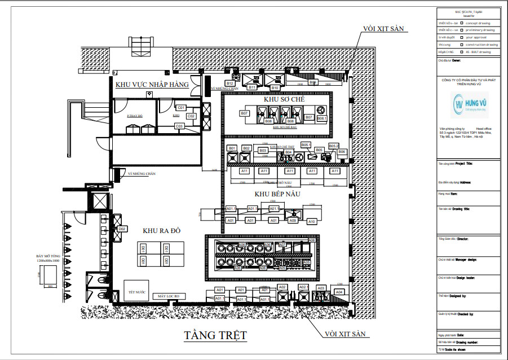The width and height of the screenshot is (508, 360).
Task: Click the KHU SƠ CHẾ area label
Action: pyautogui.click(x=281, y=99)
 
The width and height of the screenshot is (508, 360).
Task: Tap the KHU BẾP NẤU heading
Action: pyautogui.click(x=277, y=194)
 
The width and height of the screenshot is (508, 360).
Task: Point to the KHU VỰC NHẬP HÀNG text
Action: pyautogui.click(x=152, y=85)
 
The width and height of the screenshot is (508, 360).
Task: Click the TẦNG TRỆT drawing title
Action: pyautogui.click(x=215, y=335)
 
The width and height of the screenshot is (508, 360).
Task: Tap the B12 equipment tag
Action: pyautogui.click(x=230, y=84)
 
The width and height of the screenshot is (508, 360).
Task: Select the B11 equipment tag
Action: pyautogui.click(x=252, y=87)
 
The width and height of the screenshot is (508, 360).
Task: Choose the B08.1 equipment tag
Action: pyautogui.click(x=321, y=118)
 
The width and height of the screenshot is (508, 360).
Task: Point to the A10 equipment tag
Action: pyautogui.click(x=311, y=222)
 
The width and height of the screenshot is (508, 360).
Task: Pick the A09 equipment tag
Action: pyautogui.click(x=293, y=221)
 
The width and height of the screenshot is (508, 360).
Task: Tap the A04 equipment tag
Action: pyautogui.click(x=339, y=292)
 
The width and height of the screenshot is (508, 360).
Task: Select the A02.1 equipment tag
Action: pyautogui.click(x=303, y=288)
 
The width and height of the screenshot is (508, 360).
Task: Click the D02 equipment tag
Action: pyautogui.click(x=122, y=229)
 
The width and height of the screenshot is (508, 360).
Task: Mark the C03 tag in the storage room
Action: pyautogui.click(x=179, y=125)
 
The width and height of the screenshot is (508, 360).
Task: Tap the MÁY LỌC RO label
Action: pyautogui.click(x=168, y=296)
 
